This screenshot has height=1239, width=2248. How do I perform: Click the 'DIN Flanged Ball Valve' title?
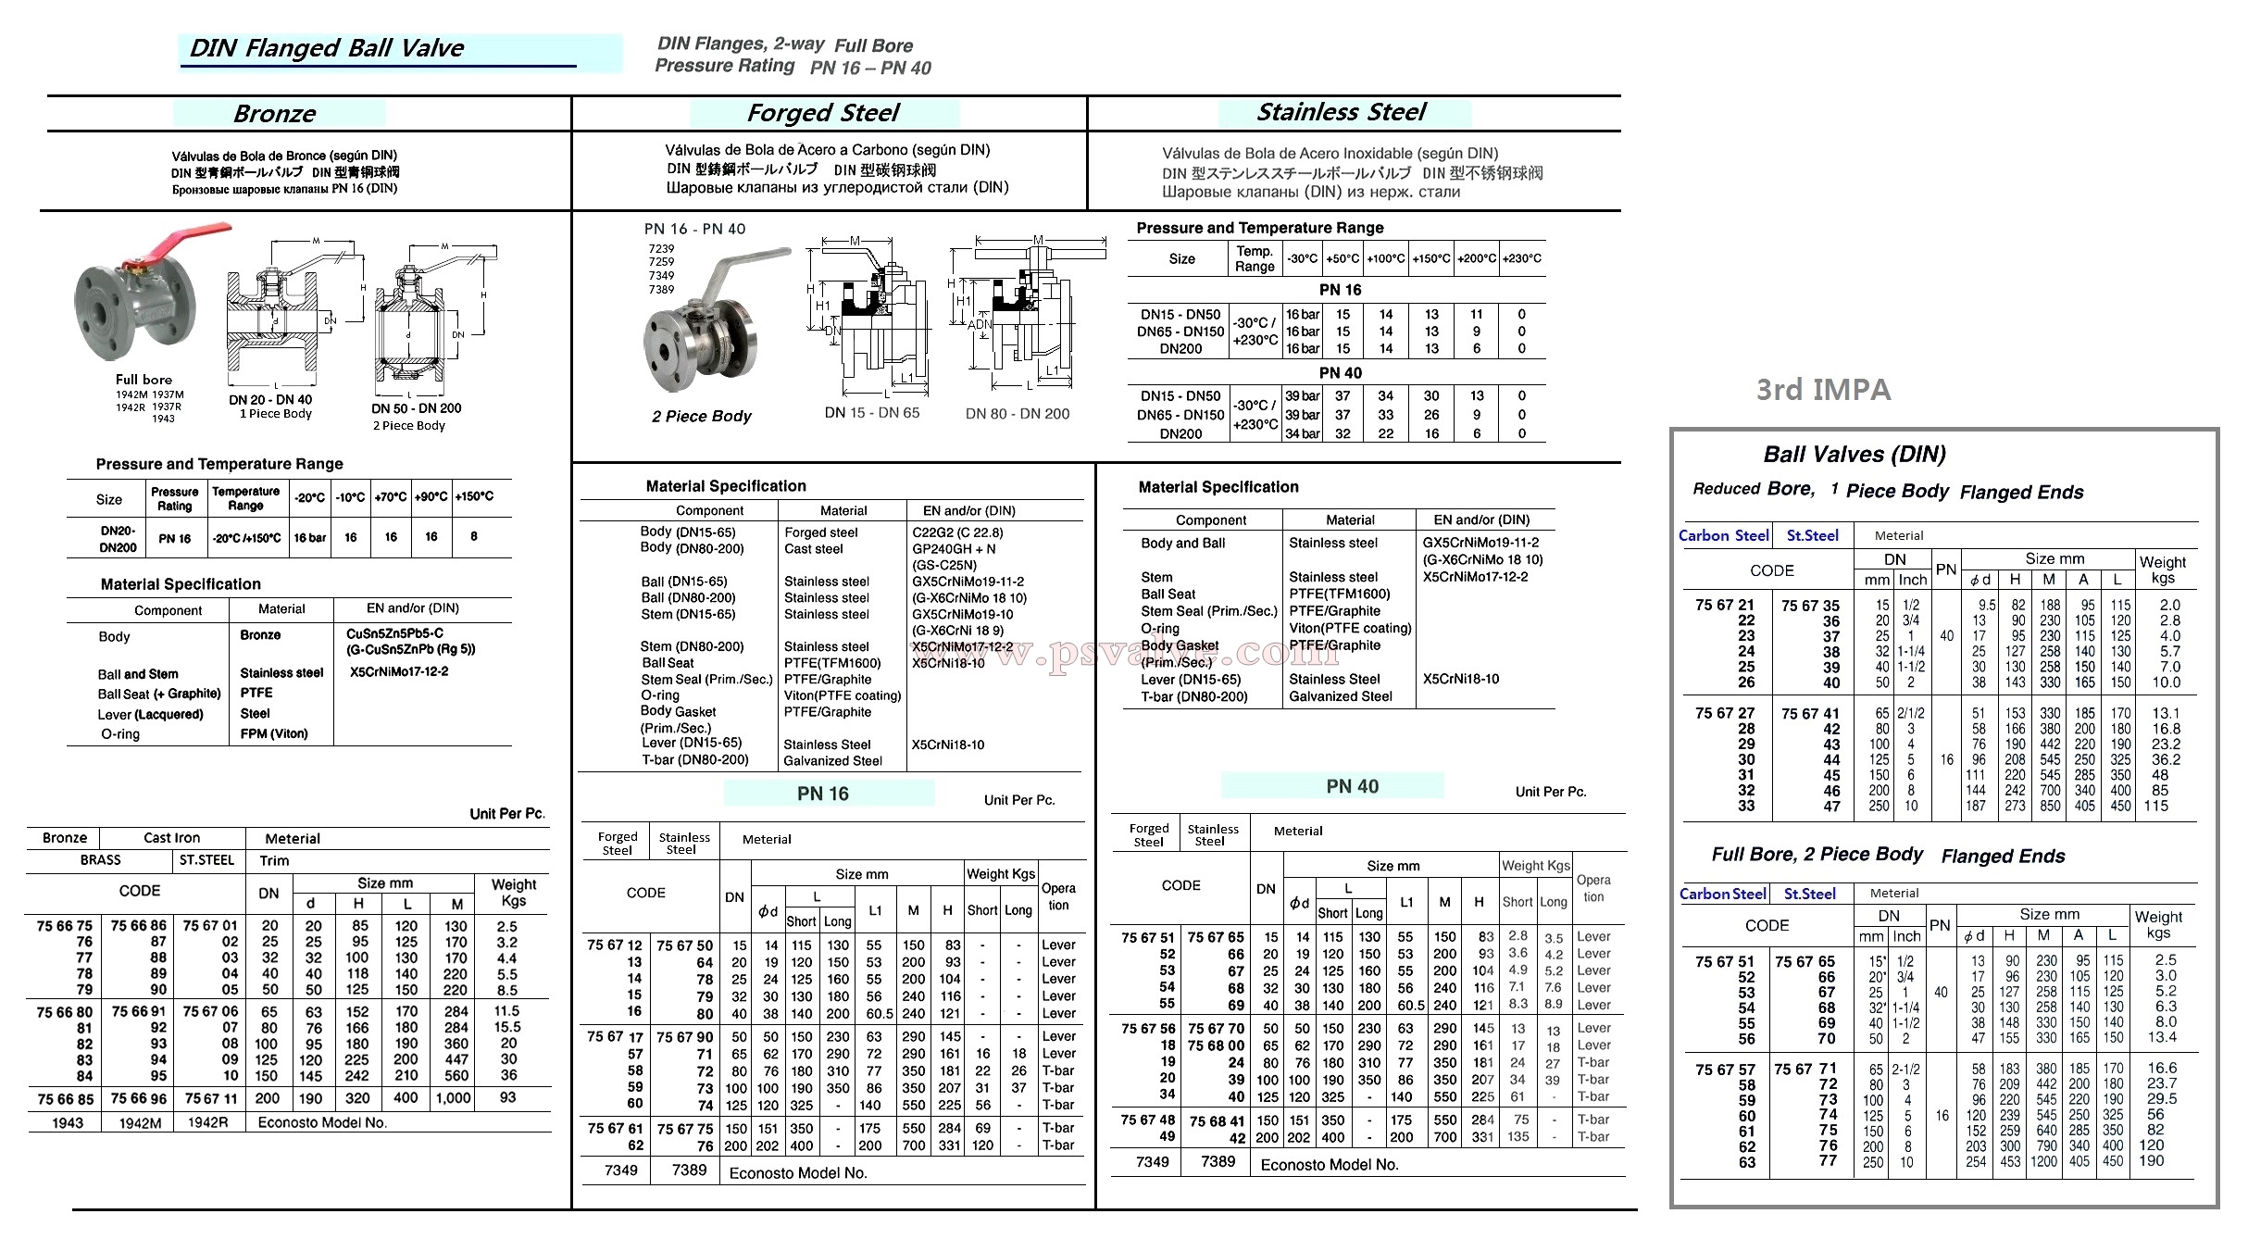[x=326, y=48]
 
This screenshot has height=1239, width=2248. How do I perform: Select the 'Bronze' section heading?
[x=275, y=114]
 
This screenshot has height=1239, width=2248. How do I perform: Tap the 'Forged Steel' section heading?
[x=823, y=113]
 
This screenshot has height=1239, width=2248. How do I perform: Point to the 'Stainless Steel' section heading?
[x=1342, y=112]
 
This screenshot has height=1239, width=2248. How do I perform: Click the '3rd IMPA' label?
[x=1823, y=390]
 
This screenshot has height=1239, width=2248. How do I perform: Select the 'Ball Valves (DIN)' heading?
[x=1855, y=455]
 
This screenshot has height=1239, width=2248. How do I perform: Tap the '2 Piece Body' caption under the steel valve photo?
[x=701, y=417]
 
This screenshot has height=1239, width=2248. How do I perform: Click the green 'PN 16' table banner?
[x=823, y=794]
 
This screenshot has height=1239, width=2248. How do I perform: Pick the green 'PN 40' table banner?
[x=1352, y=786]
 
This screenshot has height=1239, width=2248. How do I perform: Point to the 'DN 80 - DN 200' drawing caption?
[x=1018, y=414]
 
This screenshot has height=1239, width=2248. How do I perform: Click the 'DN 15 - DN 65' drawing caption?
[x=872, y=413]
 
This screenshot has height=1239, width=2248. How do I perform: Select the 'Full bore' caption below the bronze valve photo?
[x=144, y=380]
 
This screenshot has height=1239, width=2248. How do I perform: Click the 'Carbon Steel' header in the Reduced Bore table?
[x=1723, y=535]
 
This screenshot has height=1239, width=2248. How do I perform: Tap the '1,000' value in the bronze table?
[x=454, y=1098]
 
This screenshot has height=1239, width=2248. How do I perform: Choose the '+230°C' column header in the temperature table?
[x=1522, y=258]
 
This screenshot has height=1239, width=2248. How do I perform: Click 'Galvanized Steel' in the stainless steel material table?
[x=1341, y=696]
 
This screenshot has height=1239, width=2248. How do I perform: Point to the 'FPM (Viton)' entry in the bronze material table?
[x=274, y=733]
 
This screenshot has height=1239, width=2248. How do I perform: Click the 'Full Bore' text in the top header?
[x=873, y=46]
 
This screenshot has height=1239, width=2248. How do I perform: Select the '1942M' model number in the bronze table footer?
[x=140, y=1123]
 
